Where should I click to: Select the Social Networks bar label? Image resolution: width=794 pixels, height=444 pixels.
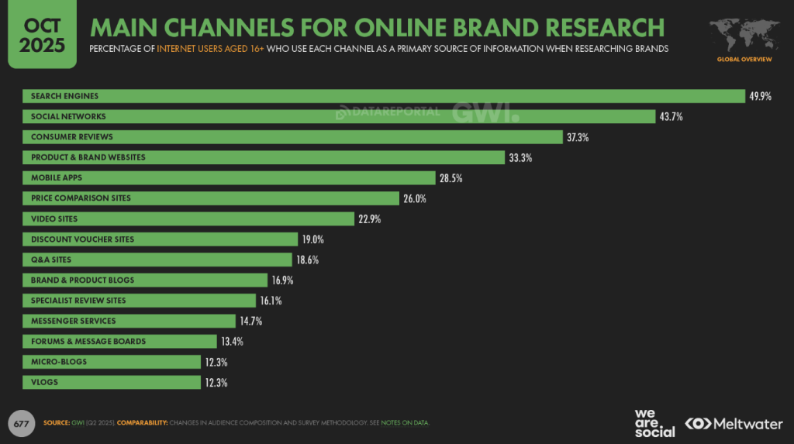click(x=68, y=116)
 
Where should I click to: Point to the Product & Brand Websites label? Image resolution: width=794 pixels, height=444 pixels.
click(x=88, y=157)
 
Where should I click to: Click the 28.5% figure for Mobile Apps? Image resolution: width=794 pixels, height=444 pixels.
click(x=451, y=178)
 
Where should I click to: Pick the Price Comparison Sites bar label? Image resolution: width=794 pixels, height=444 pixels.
click(x=81, y=198)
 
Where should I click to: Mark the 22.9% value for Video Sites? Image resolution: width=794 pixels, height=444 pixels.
click(x=369, y=219)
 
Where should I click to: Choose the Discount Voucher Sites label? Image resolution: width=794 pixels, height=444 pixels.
click(x=82, y=239)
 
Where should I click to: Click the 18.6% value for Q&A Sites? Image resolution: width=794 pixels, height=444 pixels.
click(x=307, y=260)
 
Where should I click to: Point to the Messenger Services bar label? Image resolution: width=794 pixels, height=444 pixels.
click(x=73, y=321)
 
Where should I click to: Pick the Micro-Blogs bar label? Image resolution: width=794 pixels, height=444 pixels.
click(x=59, y=362)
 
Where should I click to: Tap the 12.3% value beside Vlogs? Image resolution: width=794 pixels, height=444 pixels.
click(x=216, y=383)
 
